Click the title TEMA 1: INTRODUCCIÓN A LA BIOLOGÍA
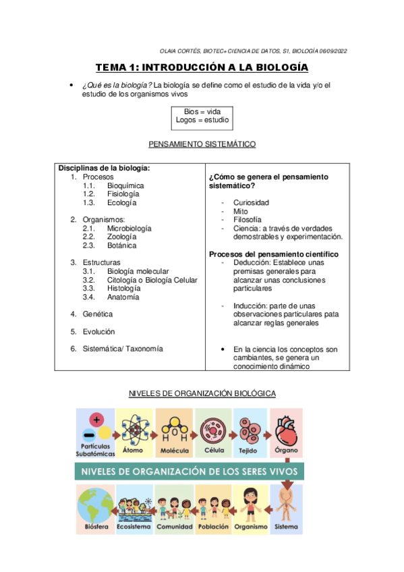(202, 67)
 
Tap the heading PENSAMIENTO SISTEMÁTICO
(202, 144)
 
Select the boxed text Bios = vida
(202, 111)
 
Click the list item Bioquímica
(125, 185)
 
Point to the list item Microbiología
(129, 228)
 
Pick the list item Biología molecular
(138, 271)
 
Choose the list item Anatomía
(123, 297)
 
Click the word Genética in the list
(98, 314)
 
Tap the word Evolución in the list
(98, 331)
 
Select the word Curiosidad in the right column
(251, 202)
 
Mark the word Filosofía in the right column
(248, 219)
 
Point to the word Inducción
(250, 306)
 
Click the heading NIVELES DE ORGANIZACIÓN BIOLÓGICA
(202, 393)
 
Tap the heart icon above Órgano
(287, 426)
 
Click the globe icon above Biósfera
(94, 503)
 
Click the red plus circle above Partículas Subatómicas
(98, 420)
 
